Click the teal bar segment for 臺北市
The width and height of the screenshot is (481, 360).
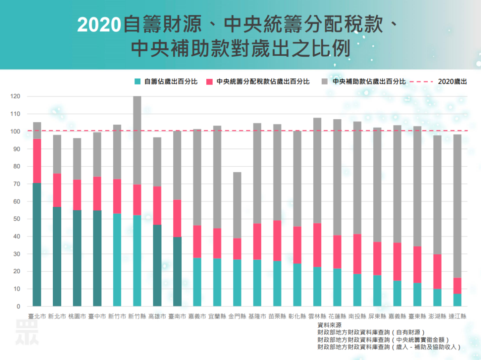point(37,245)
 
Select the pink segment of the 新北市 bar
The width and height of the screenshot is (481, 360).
point(57,190)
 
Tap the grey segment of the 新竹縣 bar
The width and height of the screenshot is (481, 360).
point(137,140)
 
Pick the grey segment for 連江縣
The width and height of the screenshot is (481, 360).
point(457,206)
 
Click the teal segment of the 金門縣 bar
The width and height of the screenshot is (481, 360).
point(237,283)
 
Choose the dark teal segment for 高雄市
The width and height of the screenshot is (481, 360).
point(157,265)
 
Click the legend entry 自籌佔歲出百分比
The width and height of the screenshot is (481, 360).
point(166,82)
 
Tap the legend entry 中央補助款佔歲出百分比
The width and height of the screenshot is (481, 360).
point(364,82)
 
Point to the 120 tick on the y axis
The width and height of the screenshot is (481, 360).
point(16,96)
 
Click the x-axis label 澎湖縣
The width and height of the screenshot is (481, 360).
point(437,316)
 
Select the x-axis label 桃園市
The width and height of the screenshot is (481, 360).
point(77,316)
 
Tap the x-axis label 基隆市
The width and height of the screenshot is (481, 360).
point(257,316)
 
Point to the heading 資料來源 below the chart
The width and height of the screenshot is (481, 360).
point(329,325)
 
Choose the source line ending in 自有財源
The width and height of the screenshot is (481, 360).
point(371,333)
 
